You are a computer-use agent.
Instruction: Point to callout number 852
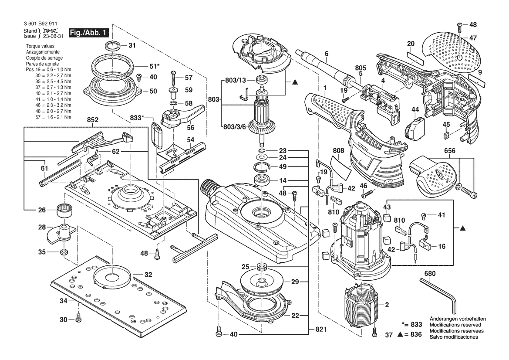[x=93, y=119]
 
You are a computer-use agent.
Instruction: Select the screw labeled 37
[x=375, y=335]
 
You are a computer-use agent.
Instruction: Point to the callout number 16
[x=442, y=246]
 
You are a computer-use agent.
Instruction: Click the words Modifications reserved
[x=455, y=325]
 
